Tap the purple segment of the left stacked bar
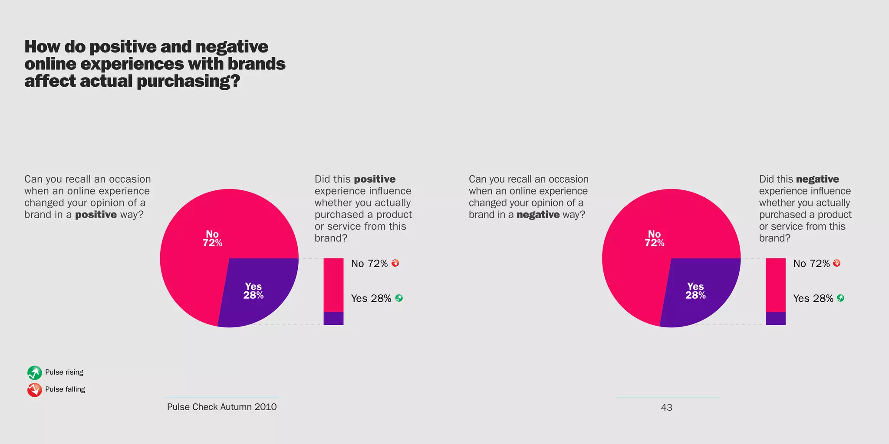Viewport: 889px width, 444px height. (333, 318)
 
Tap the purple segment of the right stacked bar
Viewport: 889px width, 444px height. (775, 318)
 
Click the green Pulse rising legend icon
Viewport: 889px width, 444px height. (34, 372)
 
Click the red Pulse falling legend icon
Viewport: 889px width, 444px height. (34, 390)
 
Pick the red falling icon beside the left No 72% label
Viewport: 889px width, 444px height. (395, 263)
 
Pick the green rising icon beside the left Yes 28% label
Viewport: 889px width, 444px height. (399, 298)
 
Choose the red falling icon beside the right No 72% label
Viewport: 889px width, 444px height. (837, 263)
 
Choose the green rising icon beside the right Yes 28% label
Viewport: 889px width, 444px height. (840, 298)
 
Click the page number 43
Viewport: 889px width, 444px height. (666, 408)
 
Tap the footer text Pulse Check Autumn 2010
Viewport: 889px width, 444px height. (222, 407)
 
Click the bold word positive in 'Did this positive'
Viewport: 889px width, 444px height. (375, 179)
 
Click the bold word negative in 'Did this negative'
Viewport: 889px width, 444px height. (817, 179)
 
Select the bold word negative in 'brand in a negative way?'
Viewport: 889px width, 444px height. (538, 215)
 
